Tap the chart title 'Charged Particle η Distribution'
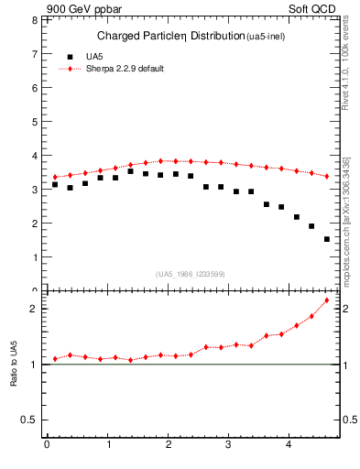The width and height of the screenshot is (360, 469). click(170, 37)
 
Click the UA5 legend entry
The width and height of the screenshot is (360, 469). click(83, 57)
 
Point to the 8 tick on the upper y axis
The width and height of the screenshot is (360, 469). click(37, 20)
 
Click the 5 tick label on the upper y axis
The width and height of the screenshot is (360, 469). click(37, 122)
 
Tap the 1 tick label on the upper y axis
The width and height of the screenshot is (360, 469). click(37, 257)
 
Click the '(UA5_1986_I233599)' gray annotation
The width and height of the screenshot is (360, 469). click(191, 274)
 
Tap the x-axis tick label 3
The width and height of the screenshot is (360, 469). click(229, 446)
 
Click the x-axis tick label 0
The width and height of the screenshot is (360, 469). click(47, 446)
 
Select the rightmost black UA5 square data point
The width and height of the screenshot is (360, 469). click(327, 239)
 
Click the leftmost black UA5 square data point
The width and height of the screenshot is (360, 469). click(55, 184)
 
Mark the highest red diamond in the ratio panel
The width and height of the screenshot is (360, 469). click(327, 300)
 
